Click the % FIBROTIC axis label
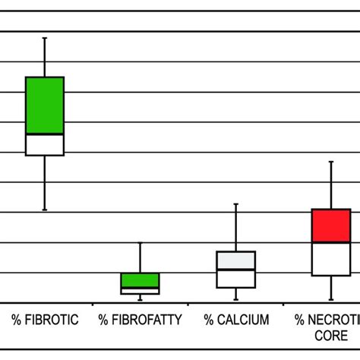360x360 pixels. point(45,321)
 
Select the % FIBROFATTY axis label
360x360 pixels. point(141,321)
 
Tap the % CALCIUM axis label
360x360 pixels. point(236,321)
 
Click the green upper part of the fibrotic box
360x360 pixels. point(45,105)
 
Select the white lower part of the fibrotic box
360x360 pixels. point(45,144)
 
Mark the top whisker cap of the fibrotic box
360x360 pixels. point(45,37)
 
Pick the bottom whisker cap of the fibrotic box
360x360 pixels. point(45,210)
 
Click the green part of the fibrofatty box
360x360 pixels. point(141,280)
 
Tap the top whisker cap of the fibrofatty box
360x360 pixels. point(141,243)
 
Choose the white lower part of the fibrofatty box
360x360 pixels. point(141,291)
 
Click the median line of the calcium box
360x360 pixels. point(236,270)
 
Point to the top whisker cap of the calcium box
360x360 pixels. point(236,204)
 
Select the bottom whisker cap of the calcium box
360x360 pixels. point(236,300)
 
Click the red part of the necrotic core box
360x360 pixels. point(331,226)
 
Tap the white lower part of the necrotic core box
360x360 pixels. point(331,260)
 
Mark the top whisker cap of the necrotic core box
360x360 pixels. point(331,161)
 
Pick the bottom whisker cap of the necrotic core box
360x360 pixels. point(331,300)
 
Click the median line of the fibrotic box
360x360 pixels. point(45,134)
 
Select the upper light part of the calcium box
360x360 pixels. point(236,260)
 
